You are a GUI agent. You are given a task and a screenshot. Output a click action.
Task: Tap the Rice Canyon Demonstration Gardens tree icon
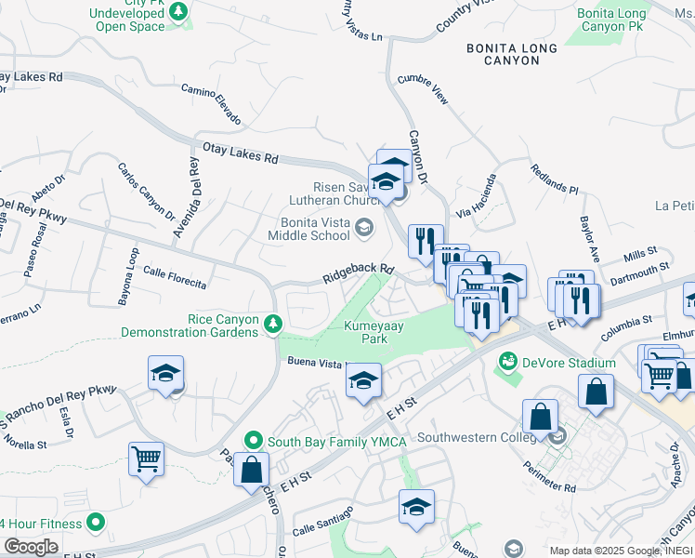point(273,323)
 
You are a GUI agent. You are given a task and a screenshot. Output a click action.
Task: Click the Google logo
point(30,547)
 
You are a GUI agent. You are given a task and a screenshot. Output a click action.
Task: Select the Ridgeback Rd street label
point(359,272)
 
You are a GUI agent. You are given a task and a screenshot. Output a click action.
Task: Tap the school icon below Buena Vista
point(363,379)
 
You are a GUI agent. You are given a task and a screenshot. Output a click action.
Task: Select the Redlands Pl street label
point(554,179)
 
